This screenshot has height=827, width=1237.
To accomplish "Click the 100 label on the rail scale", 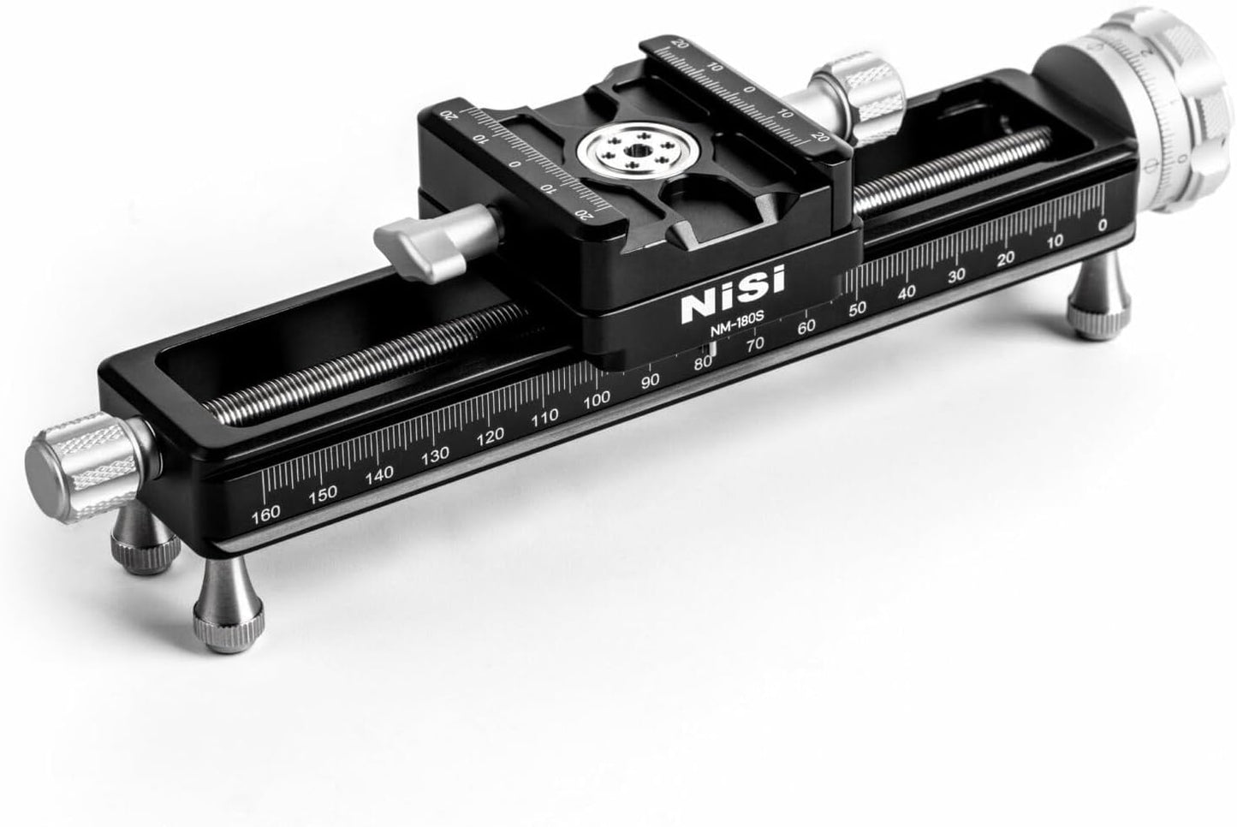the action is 597,398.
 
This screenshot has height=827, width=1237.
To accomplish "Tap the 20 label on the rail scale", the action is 1007,258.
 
